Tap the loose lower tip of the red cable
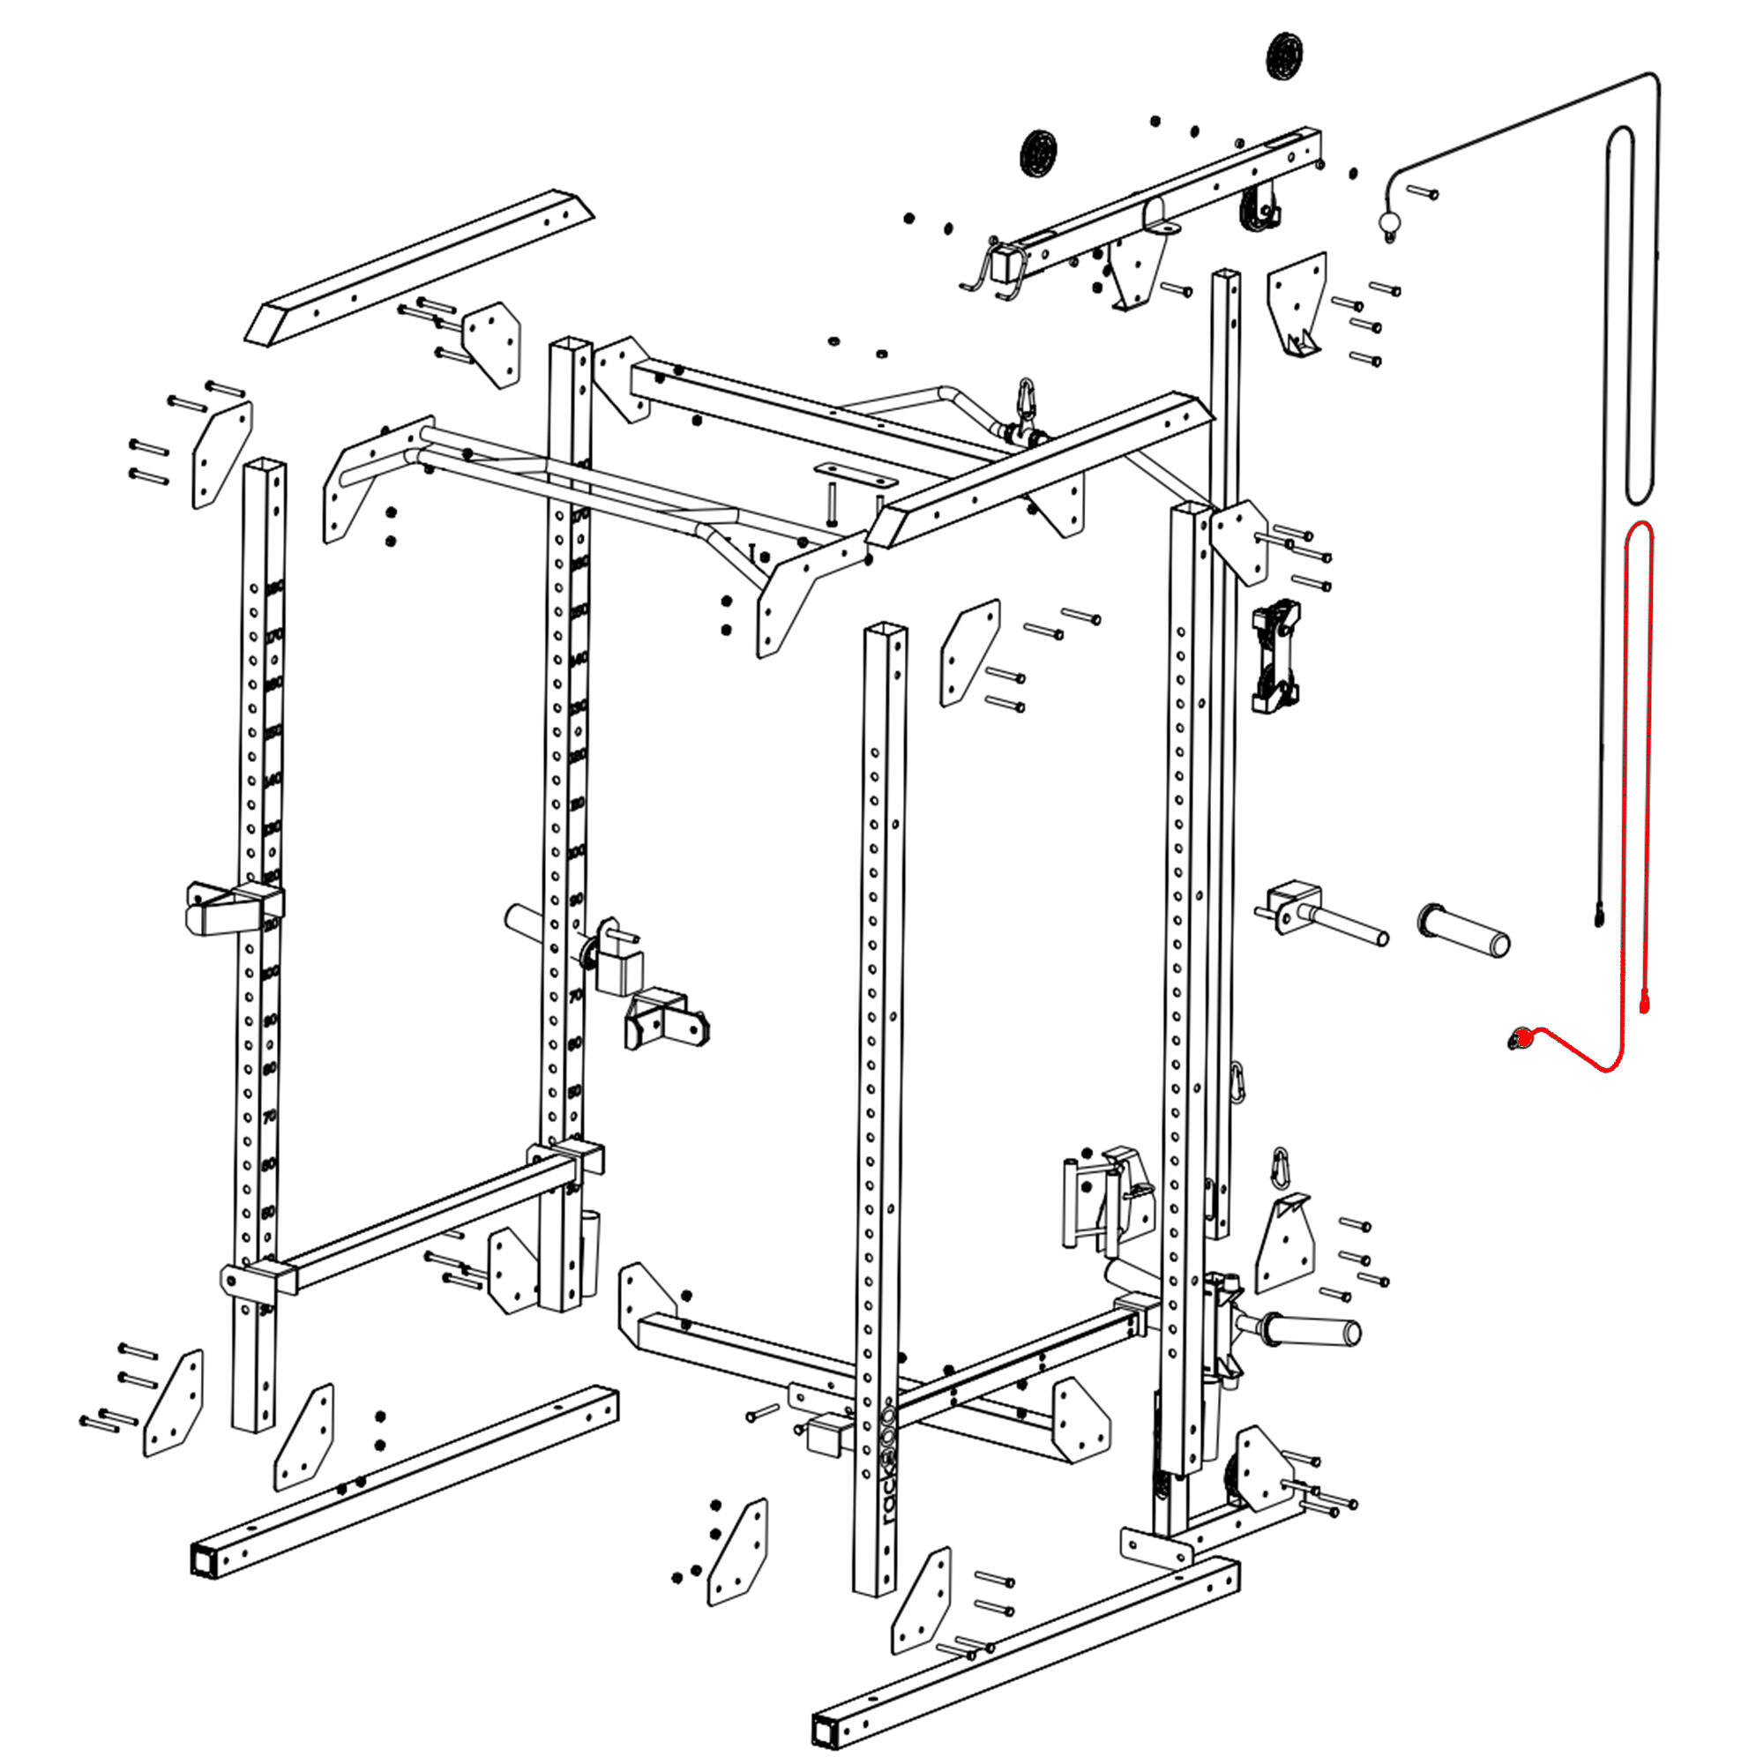(x=1645, y=1005)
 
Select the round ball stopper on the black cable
(x=1389, y=221)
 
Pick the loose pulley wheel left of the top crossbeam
(x=1038, y=153)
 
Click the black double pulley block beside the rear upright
(x=1275, y=655)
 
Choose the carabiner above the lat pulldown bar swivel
(x=1028, y=399)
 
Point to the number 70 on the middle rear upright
(x=575, y=996)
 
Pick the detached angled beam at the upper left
(x=420, y=266)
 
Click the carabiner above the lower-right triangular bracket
(x=1281, y=1168)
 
